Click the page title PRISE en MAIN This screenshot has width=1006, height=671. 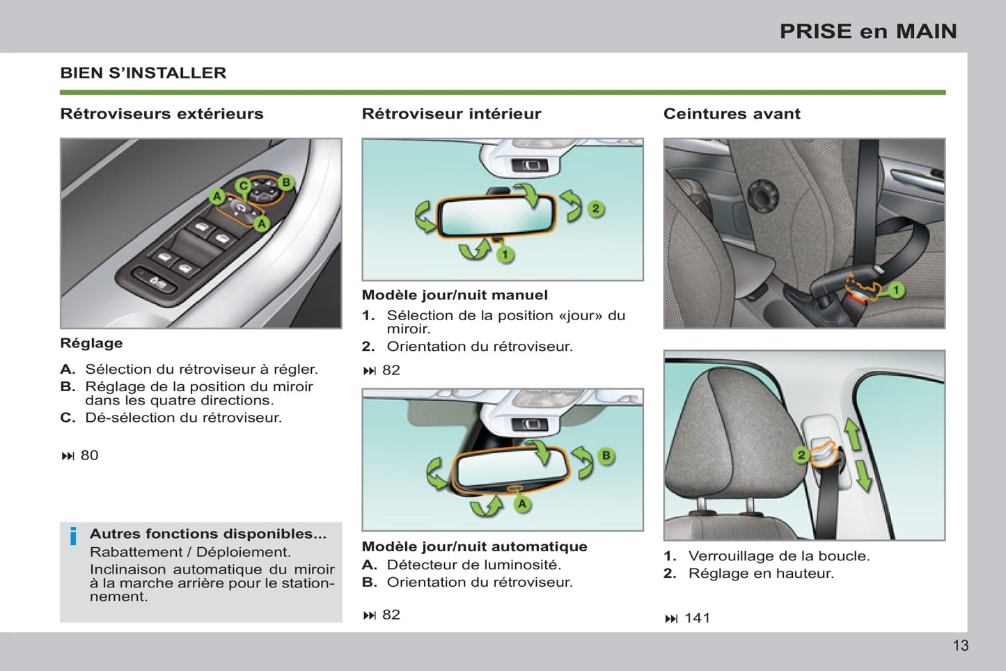pyautogui.click(x=867, y=31)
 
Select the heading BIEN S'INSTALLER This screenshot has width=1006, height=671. pyautogui.click(x=143, y=73)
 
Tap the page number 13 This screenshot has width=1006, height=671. pyautogui.click(x=960, y=645)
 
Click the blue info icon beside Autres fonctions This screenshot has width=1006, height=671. pyautogui.click(x=73, y=537)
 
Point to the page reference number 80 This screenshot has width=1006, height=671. pyautogui.click(x=89, y=455)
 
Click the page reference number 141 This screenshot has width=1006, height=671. pyautogui.click(x=697, y=618)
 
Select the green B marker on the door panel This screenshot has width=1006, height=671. pyautogui.click(x=285, y=183)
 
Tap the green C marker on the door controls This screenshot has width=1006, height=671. pyautogui.click(x=243, y=186)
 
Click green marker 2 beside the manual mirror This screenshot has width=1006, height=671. pyautogui.click(x=595, y=209)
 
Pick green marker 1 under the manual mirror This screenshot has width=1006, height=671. pyautogui.click(x=505, y=255)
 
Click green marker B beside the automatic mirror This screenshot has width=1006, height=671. pyautogui.click(x=606, y=456)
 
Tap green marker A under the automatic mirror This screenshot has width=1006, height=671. pyautogui.click(x=522, y=504)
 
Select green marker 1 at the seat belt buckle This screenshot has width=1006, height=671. pyautogui.click(x=896, y=290)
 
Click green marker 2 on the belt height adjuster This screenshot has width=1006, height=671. pyautogui.click(x=801, y=455)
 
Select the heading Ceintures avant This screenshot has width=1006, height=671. pyautogui.click(x=731, y=114)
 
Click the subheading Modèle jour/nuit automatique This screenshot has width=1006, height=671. pyautogui.click(x=474, y=546)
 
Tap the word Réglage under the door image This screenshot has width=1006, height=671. pyautogui.click(x=91, y=343)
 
